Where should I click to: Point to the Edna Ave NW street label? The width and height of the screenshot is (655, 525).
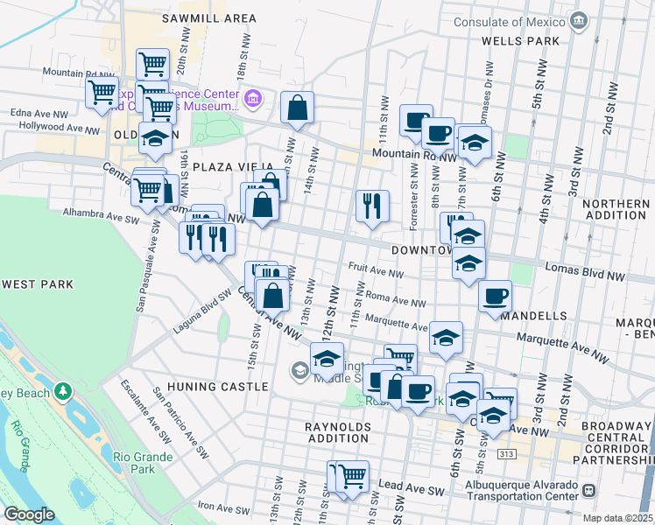tap(39, 114)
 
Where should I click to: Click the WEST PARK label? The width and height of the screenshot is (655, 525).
tap(37, 284)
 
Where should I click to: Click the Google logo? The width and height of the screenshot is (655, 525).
tap(29, 514)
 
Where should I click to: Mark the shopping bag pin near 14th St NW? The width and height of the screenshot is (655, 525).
tap(298, 108)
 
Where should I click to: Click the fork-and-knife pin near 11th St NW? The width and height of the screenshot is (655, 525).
tap(372, 206)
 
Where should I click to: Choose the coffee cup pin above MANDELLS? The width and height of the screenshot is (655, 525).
tap(496, 296)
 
